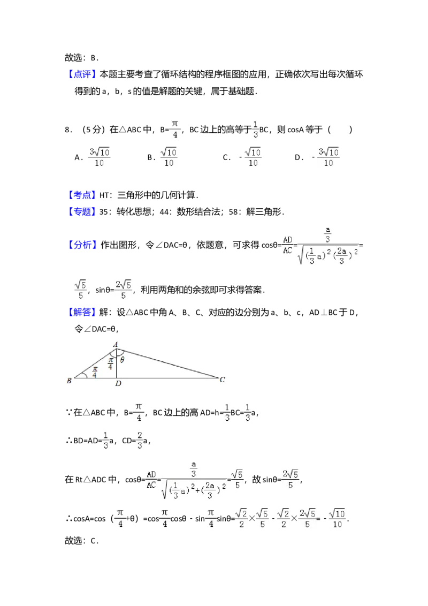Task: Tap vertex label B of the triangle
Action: point(69,381)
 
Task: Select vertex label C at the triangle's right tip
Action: point(222,380)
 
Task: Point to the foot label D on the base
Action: point(118,384)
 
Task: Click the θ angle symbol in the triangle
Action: point(122,360)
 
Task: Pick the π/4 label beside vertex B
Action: point(95,372)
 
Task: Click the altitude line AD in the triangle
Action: point(117,367)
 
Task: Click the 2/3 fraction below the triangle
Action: point(139,439)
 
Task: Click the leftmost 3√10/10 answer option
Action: point(99,158)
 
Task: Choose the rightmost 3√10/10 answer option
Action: point(329,158)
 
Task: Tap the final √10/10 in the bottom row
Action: point(337,518)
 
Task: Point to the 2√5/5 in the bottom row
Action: point(307,518)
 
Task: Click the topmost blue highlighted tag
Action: point(83,74)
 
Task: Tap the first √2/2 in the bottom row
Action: point(241,518)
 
